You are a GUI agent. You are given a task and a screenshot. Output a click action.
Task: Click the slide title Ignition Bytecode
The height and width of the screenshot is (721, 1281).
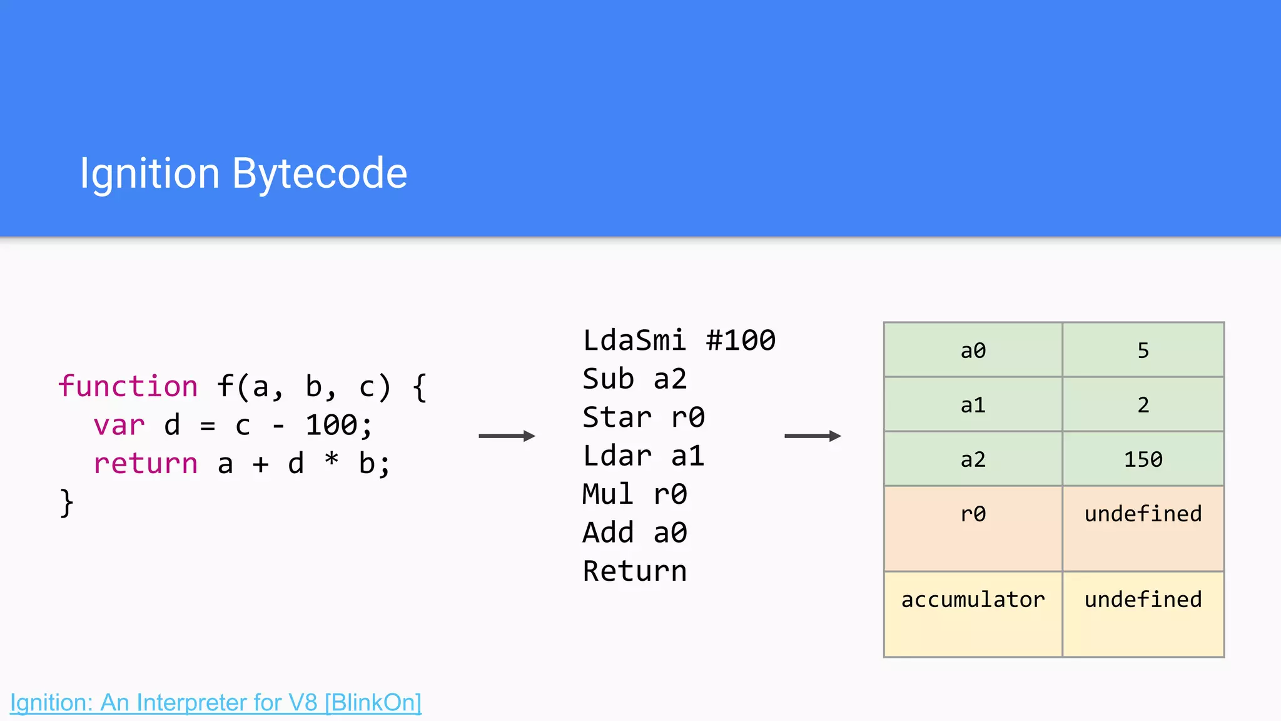point(243,173)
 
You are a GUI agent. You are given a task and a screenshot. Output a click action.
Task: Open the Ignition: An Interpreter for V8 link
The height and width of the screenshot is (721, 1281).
point(216,702)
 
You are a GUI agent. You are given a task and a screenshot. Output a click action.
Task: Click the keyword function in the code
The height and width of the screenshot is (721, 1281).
point(128,386)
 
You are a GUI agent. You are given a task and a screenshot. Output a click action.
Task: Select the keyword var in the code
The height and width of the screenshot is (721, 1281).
point(119,426)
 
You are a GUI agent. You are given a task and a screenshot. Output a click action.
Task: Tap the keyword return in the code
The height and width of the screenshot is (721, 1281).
point(145,464)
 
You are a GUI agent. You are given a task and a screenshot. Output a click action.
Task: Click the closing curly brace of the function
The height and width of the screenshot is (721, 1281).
point(66,502)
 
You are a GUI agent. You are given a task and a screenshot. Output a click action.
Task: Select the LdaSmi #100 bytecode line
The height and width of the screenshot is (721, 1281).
point(679,341)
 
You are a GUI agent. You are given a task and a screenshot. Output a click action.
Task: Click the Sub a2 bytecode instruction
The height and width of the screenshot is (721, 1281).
point(634,379)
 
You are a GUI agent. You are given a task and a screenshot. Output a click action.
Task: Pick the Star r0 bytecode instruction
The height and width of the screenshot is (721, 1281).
point(643,417)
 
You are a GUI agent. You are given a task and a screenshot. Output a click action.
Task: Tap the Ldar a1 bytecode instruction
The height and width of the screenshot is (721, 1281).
point(643,456)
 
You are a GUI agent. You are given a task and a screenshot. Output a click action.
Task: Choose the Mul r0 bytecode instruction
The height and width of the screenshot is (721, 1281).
point(634,494)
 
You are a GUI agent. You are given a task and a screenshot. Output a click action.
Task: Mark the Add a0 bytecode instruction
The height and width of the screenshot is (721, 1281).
point(634,533)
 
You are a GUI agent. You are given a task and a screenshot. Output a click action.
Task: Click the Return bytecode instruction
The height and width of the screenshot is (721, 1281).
point(634,571)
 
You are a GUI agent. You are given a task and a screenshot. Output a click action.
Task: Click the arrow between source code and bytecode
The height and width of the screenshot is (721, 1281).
point(507,436)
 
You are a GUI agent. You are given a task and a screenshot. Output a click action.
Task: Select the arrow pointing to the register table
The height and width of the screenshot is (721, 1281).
point(813,436)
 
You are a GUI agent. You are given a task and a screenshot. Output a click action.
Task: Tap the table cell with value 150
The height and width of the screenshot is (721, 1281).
point(1143,459)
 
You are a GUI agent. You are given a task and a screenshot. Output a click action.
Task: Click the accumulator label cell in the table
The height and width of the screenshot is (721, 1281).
point(973,600)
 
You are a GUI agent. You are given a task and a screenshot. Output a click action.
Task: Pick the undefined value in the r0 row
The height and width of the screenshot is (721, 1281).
point(1143,514)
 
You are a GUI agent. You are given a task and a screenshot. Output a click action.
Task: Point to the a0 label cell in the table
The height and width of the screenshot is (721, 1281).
point(973,350)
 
